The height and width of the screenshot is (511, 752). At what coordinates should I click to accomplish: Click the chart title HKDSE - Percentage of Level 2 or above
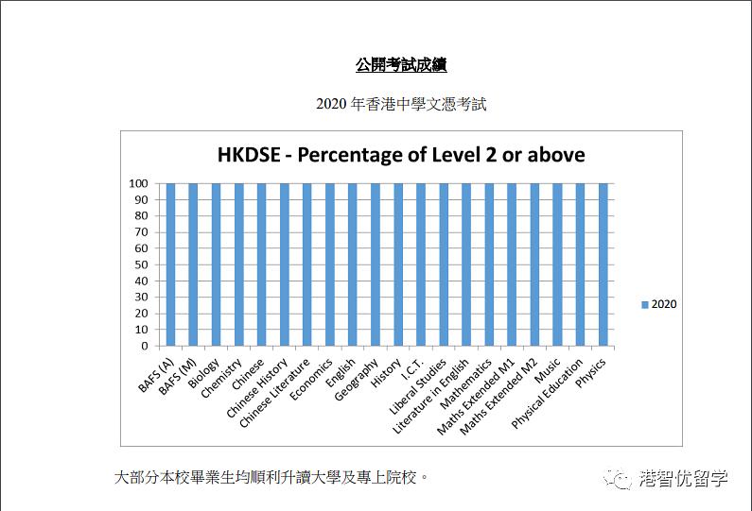pos(401,155)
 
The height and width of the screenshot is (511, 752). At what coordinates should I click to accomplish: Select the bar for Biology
pos(216,264)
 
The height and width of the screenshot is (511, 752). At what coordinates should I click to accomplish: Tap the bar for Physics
pos(603,264)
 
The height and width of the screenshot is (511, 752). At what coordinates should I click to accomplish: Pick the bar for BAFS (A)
pos(170,264)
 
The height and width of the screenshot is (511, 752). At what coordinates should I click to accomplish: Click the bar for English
pos(353,264)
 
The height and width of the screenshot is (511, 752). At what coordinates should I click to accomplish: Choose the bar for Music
pos(557,264)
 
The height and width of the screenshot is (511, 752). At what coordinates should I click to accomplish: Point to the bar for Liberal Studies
pos(444,264)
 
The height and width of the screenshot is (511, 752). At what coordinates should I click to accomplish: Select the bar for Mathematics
pos(489,264)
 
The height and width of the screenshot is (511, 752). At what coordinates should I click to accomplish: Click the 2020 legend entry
pos(658,304)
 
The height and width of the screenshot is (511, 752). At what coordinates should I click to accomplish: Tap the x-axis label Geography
pos(358,380)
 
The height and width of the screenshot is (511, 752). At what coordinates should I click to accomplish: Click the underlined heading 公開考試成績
pos(401,65)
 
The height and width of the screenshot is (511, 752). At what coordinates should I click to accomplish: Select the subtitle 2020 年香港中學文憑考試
pos(401,104)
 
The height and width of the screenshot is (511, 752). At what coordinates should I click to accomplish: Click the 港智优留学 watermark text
pos(684,479)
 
